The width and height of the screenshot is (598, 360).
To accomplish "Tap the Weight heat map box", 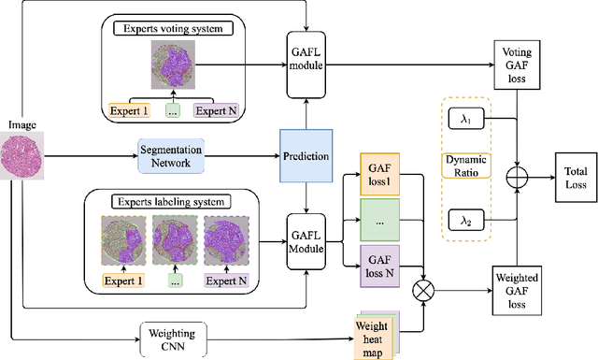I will coord(373,332).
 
